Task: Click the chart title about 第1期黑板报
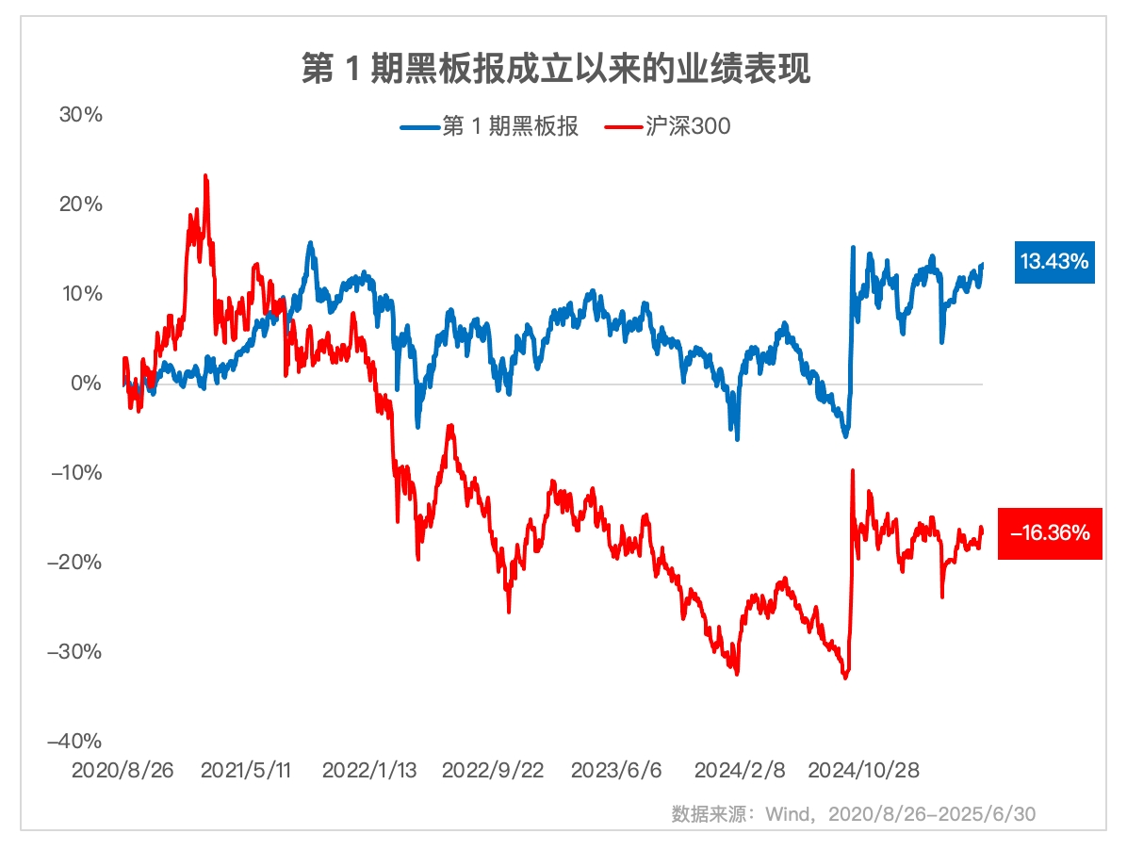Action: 556,70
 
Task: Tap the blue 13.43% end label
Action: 1054,262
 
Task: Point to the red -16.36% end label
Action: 1049,533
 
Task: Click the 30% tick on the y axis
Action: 80,115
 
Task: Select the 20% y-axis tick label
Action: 80,204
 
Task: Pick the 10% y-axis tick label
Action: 80,294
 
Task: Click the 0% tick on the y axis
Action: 85,384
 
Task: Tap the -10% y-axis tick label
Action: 77,473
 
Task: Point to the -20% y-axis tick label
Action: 77,563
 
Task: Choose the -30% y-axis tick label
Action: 77,652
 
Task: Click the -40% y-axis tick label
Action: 77,742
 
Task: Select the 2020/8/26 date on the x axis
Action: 123,771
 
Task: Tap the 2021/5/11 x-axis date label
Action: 247,771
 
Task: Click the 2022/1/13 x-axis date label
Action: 369,771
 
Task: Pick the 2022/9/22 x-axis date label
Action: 493,771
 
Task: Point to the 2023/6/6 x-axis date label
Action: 616,771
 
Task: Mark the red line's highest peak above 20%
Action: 205,176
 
